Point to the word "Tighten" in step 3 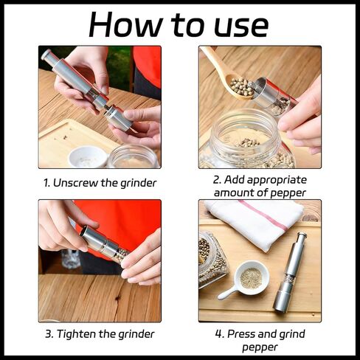coord(77,334)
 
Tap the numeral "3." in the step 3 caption coord(49,334)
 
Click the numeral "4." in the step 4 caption coord(220,334)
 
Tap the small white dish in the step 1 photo coord(88,157)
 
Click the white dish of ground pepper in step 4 coord(251,278)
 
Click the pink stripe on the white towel coord(264,215)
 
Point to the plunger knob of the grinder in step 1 coord(46,55)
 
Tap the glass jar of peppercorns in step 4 coord(212,260)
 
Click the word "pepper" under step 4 coord(260,347)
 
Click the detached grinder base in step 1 coord(118,119)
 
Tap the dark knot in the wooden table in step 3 coord(117,298)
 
